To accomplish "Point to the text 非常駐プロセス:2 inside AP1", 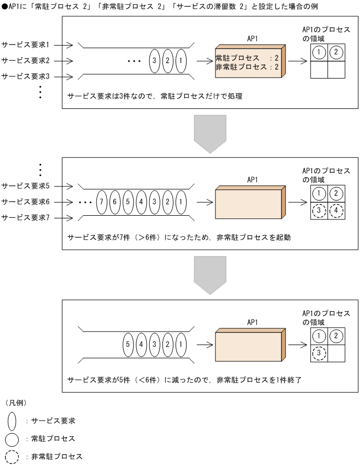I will pos(246,67).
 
